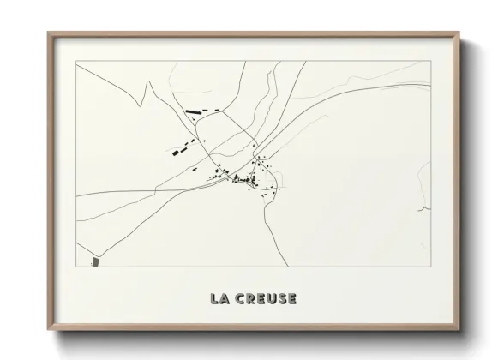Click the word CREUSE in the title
coord(264,299)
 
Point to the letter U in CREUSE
coord(269,299)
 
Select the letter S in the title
coord(280,299)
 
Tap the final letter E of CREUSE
coord(291,299)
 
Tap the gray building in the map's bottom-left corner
coord(94,261)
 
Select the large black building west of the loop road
coord(181,151)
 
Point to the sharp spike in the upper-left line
coord(147,82)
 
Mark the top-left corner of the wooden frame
coord(48,33)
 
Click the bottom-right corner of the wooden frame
coord(458,330)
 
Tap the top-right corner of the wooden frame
coord(458,33)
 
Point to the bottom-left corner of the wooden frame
coord(48,330)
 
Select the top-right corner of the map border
coord(429,62)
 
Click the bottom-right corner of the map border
coord(429,267)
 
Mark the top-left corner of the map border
coord(76,62)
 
